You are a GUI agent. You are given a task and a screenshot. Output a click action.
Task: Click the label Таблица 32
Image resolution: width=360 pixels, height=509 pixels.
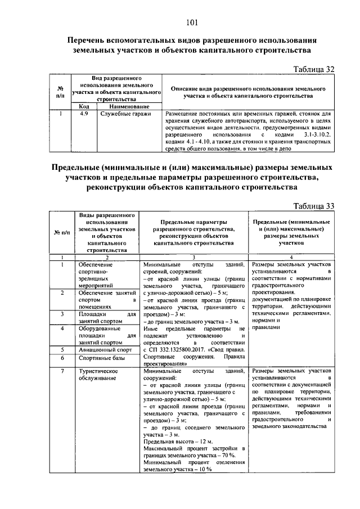(315, 69)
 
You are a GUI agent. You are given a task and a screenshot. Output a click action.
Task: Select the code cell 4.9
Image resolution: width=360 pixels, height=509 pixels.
(84, 114)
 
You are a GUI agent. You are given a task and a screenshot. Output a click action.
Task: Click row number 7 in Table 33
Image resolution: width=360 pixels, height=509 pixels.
(61, 371)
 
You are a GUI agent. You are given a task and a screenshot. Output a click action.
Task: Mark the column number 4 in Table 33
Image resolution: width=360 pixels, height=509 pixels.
(290, 256)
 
